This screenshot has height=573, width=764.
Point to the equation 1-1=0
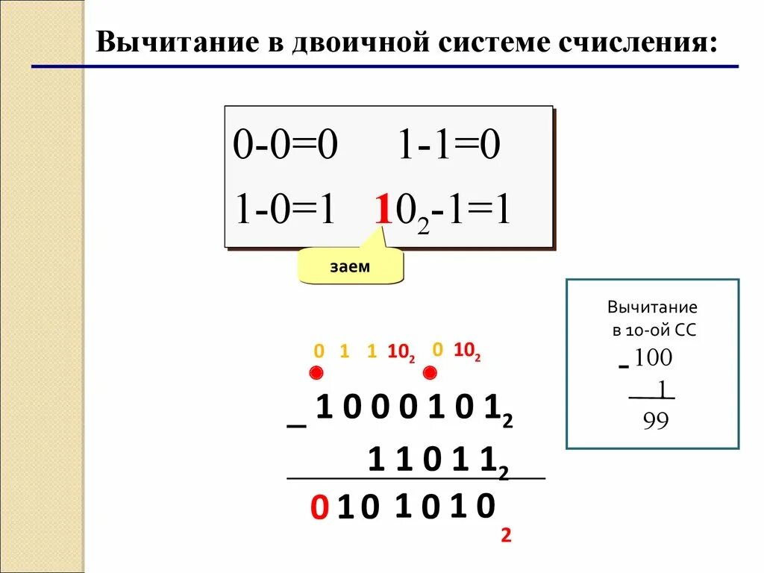(447, 146)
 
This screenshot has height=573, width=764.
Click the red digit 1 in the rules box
(383, 211)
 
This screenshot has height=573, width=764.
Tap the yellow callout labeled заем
(350, 266)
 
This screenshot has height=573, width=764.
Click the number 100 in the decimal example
(654, 358)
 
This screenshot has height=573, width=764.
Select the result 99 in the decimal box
(656, 422)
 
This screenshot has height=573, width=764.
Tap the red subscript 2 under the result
(506, 535)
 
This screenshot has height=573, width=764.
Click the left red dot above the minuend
(316, 373)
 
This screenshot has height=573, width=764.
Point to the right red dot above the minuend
(430, 373)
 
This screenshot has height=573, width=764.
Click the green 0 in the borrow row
(319, 351)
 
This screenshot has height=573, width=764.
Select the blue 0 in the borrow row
(437, 349)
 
